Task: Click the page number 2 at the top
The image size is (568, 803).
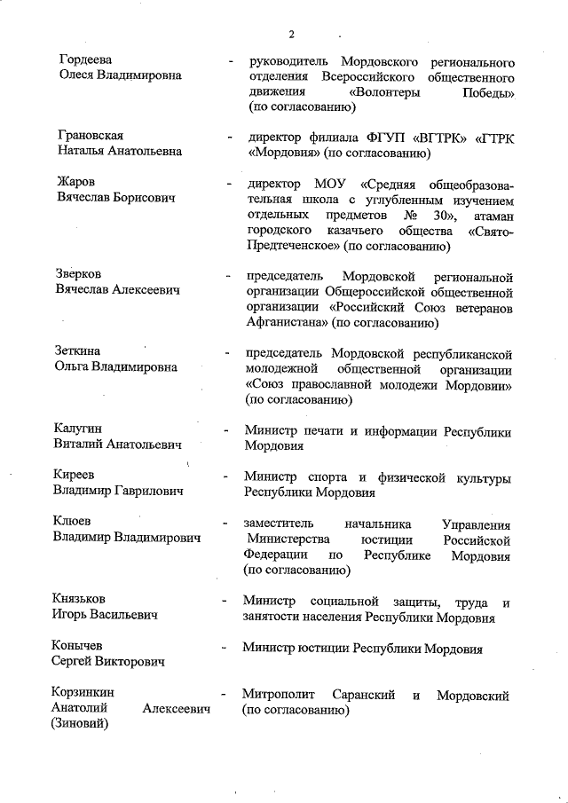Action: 291,35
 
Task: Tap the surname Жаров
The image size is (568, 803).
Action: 75,183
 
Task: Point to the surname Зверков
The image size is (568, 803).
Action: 78,274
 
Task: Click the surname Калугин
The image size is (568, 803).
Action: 80,429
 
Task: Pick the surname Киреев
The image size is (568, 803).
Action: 77,476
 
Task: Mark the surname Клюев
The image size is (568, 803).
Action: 74,522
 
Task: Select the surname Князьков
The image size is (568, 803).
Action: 84,598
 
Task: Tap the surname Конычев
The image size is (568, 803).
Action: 83,646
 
